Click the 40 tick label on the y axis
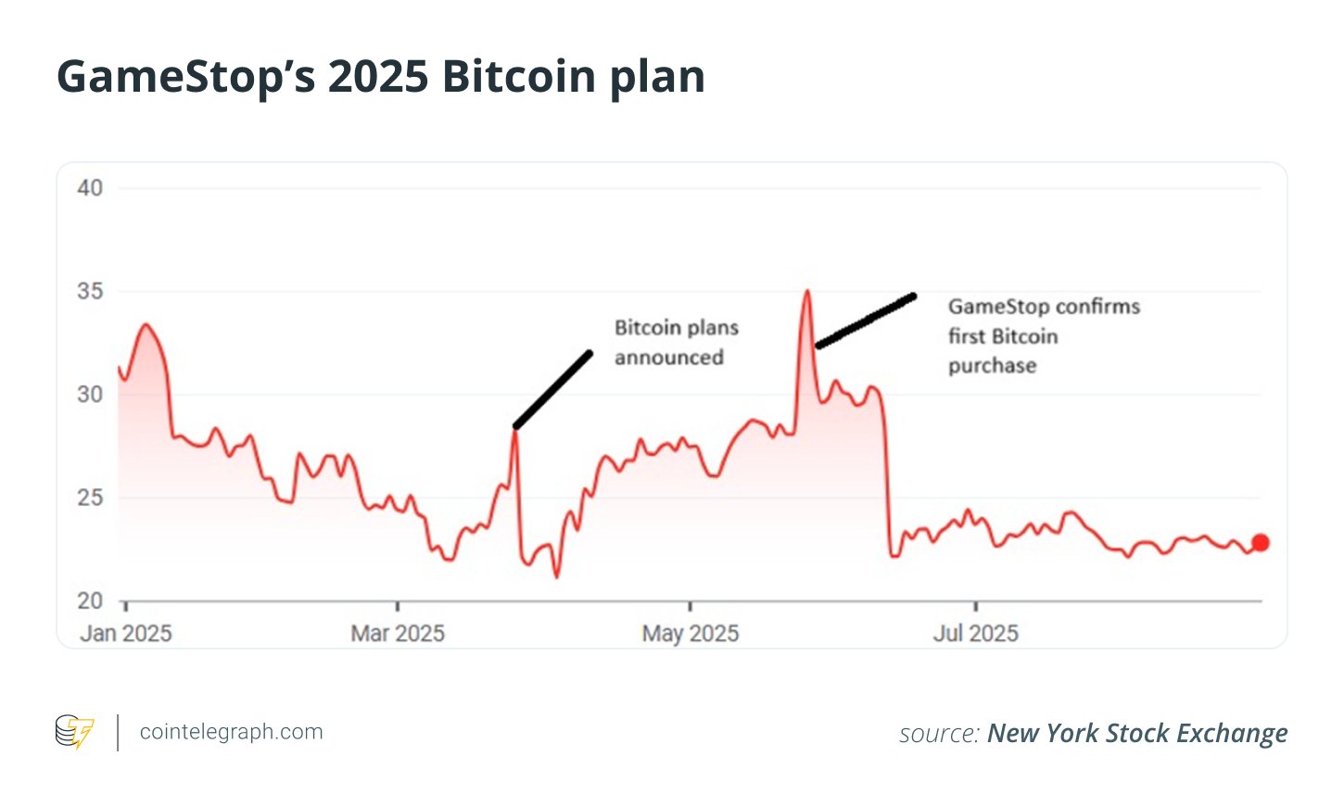point(90,188)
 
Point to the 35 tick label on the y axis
point(90,291)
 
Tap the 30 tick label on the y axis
point(90,395)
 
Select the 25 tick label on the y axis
point(90,498)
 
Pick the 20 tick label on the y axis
point(90,601)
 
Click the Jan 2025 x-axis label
point(126,634)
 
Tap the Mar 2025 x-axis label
point(398,634)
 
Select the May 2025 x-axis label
point(691,634)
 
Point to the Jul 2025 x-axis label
point(975,634)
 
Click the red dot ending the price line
point(1261,543)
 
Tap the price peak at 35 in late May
point(807,292)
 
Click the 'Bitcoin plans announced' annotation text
point(676,343)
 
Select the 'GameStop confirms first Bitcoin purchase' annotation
point(1043,336)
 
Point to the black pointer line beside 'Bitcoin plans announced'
point(553,390)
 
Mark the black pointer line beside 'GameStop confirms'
point(866,322)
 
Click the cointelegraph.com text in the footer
point(231,732)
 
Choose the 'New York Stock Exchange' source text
point(1137,734)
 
